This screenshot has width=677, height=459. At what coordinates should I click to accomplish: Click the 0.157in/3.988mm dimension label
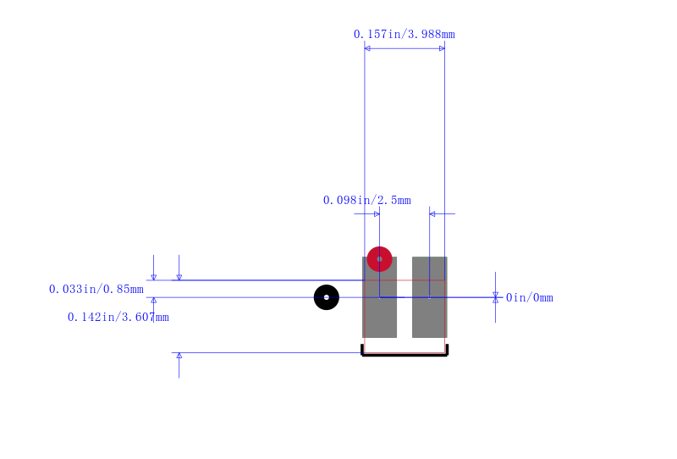pyautogui.click(x=405, y=34)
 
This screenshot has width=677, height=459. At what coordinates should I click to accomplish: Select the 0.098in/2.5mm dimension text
pyautogui.click(x=367, y=200)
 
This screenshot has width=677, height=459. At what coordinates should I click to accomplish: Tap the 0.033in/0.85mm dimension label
pyautogui.click(x=96, y=289)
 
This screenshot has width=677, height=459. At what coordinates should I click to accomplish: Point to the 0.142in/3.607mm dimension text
pyautogui.click(x=118, y=318)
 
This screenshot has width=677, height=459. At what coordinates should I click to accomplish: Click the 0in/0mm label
pyautogui.click(x=530, y=298)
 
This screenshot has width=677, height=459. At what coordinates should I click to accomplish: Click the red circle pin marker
pyautogui.click(x=379, y=259)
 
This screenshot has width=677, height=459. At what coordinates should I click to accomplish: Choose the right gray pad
pyautogui.click(x=430, y=297)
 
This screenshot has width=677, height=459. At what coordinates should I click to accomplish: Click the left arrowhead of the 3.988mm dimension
pyautogui.click(x=367, y=48)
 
